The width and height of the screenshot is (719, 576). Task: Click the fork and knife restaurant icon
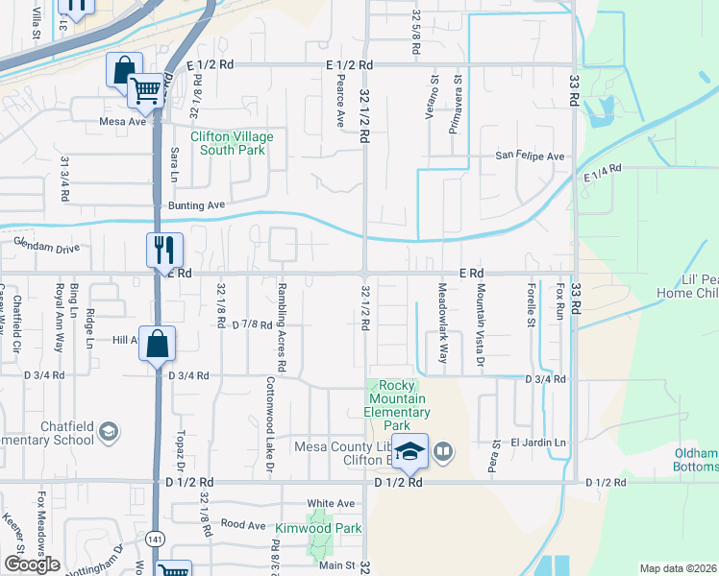pos(162,251)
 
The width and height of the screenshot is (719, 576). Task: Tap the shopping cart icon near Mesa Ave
pos(145,91)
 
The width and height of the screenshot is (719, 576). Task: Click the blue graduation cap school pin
pos(409,450)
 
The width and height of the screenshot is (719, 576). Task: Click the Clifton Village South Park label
pos(232,143)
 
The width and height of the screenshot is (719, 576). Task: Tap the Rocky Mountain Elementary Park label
pos(402,405)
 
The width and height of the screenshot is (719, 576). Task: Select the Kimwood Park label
pos(318,529)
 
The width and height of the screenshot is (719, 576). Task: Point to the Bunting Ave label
pos(196,205)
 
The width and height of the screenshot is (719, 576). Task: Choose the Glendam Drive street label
pos(46,248)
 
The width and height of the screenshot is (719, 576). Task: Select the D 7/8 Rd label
pos(253,324)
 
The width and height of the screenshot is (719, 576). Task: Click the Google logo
pos(32,564)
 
